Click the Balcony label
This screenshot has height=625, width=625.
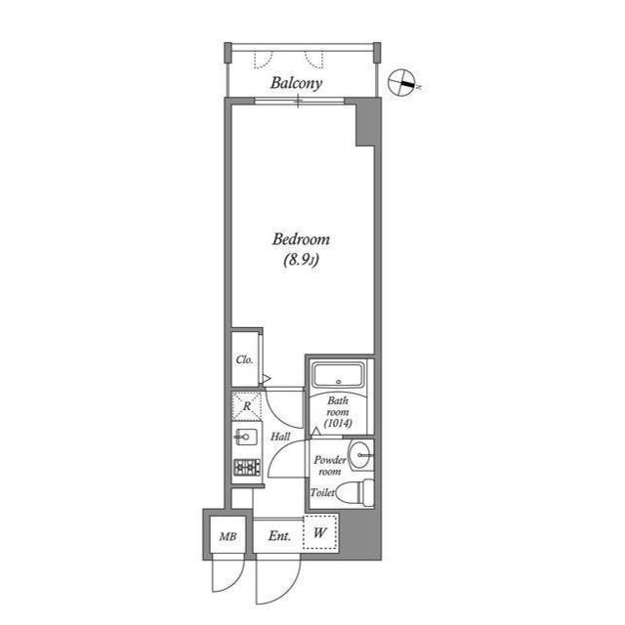[x=297, y=83]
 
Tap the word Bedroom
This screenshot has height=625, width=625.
[x=301, y=239]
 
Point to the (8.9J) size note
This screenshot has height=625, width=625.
[x=301, y=260]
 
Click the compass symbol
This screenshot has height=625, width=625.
[x=401, y=84]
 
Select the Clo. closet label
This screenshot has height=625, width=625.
[x=245, y=359]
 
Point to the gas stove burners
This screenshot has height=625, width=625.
[x=246, y=468]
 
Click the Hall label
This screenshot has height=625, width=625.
[x=280, y=437]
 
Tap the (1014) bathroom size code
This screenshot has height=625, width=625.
[x=338, y=424]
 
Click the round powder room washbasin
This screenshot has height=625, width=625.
[x=361, y=452]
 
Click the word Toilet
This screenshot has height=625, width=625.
[x=323, y=493]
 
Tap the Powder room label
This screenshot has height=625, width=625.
[x=328, y=465]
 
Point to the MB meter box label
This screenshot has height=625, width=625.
[x=228, y=536]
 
